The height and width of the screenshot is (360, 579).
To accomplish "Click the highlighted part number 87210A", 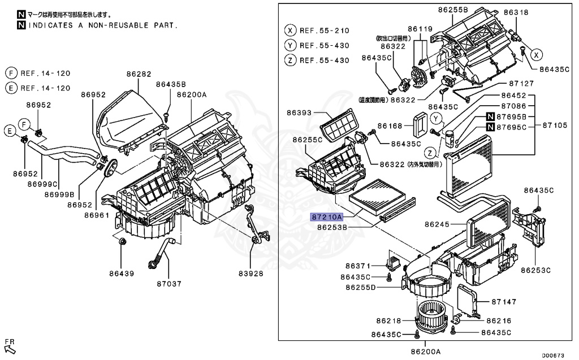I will (326, 216).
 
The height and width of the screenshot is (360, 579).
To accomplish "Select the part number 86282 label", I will (139, 73).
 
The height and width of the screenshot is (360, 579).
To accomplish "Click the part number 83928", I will (250, 274).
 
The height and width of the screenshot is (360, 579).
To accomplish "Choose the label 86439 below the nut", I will (122, 274).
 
